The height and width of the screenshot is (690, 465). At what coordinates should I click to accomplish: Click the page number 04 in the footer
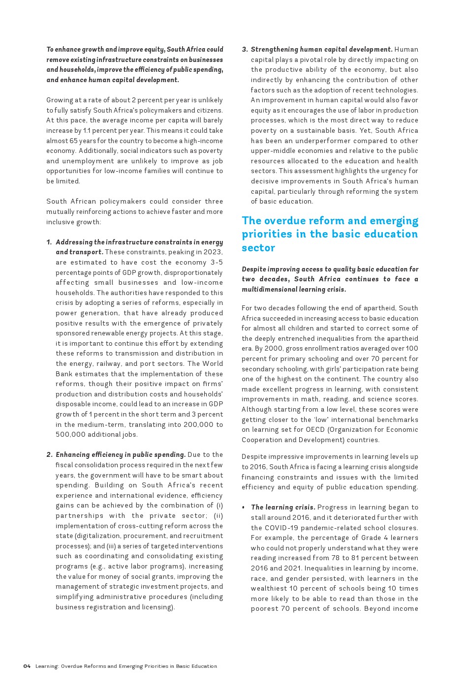click(27, 666)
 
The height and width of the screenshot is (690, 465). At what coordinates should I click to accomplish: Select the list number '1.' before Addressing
click(49, 242)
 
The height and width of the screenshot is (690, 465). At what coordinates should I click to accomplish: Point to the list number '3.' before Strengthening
click(245, 50)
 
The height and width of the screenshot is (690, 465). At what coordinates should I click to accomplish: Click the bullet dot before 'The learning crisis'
click(244, 508)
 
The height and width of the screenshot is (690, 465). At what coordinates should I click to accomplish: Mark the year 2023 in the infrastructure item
click(213, 252)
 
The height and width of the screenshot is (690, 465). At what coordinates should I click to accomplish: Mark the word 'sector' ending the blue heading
click(258, 248)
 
